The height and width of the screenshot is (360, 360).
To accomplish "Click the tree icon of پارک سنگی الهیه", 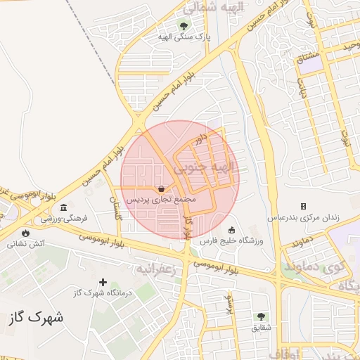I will tap(184, 26).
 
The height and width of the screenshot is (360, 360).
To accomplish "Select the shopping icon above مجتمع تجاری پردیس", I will tap(162, 188).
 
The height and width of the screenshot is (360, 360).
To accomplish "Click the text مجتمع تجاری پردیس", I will tap(162, 200).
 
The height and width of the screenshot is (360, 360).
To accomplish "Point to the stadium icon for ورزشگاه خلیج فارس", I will tap(232, 230).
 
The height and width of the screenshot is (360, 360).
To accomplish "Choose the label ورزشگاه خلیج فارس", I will tap(231, 241).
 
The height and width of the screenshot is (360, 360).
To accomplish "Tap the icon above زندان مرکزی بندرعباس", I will tap(303, 206).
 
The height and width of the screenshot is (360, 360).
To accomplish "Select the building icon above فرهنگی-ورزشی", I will tap(64, 208).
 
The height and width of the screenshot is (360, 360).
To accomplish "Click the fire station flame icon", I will tap(26, 233).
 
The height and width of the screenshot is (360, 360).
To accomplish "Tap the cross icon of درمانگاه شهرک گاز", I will tap(103, 282).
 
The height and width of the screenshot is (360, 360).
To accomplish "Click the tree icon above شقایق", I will tap(261, 317).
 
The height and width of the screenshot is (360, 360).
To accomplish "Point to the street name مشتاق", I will tap(309, 56).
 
